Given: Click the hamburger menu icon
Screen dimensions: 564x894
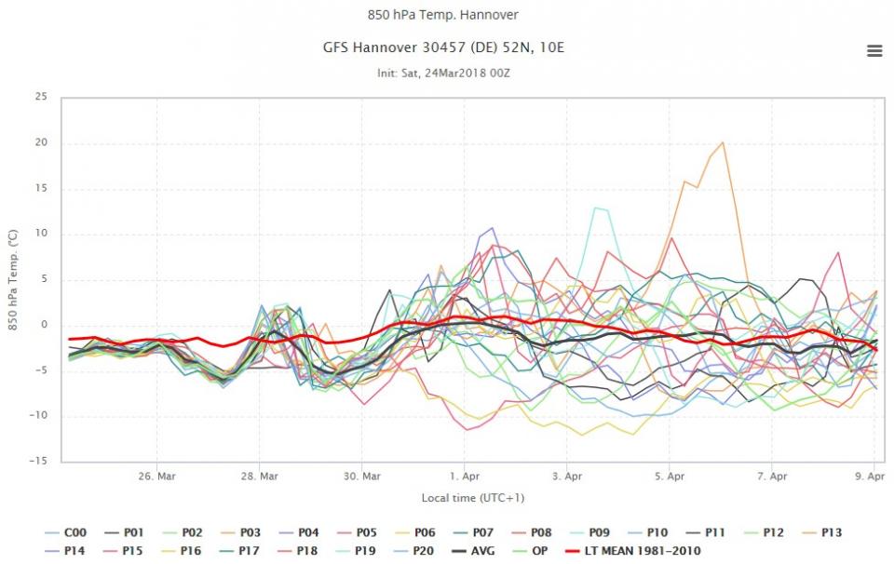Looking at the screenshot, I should pyautogui.click(x=874, y=51).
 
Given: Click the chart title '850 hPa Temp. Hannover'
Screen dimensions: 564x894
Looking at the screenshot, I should pyautogui.click(x=442, y=15).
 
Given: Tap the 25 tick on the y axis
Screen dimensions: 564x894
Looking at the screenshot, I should pyautogui.click(x=41, y=97).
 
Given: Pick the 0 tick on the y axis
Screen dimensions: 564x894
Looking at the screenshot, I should pyautogui.click(x=43, y=325).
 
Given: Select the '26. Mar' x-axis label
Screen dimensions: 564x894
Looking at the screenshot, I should pyautogui.click(x=156, y=477).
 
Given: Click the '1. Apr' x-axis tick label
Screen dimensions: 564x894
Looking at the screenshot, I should pyautogui.click(x=465, y=477).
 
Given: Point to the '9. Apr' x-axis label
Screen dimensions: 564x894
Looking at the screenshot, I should pyautogui.click(x=871, y=477).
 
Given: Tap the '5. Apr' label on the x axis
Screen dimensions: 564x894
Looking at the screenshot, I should pyautogui.click(x=670, y=477).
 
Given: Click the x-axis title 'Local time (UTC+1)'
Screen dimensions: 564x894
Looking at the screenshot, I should pyautogui.click(x=465, y=498).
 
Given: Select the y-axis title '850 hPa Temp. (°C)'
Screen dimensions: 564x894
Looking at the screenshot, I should pyautogui.click(x=14, y=279).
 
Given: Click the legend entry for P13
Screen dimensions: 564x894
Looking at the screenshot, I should pyautogui.click(x=826, y=533).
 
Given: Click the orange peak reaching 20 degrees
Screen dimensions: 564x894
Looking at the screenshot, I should pyautogui.click(x=723, y=142).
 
